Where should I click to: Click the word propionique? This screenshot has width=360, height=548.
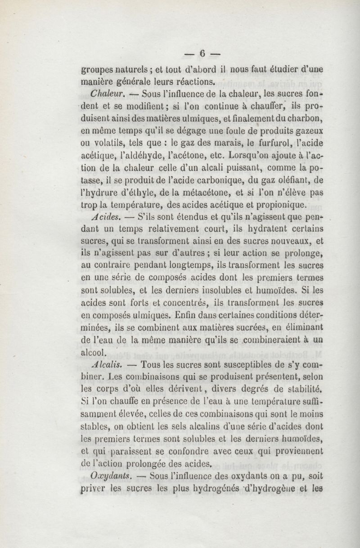tap(277, 205)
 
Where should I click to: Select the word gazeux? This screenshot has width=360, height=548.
tap(311, 132)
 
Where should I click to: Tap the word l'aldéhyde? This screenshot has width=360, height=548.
tap(151, 156)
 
